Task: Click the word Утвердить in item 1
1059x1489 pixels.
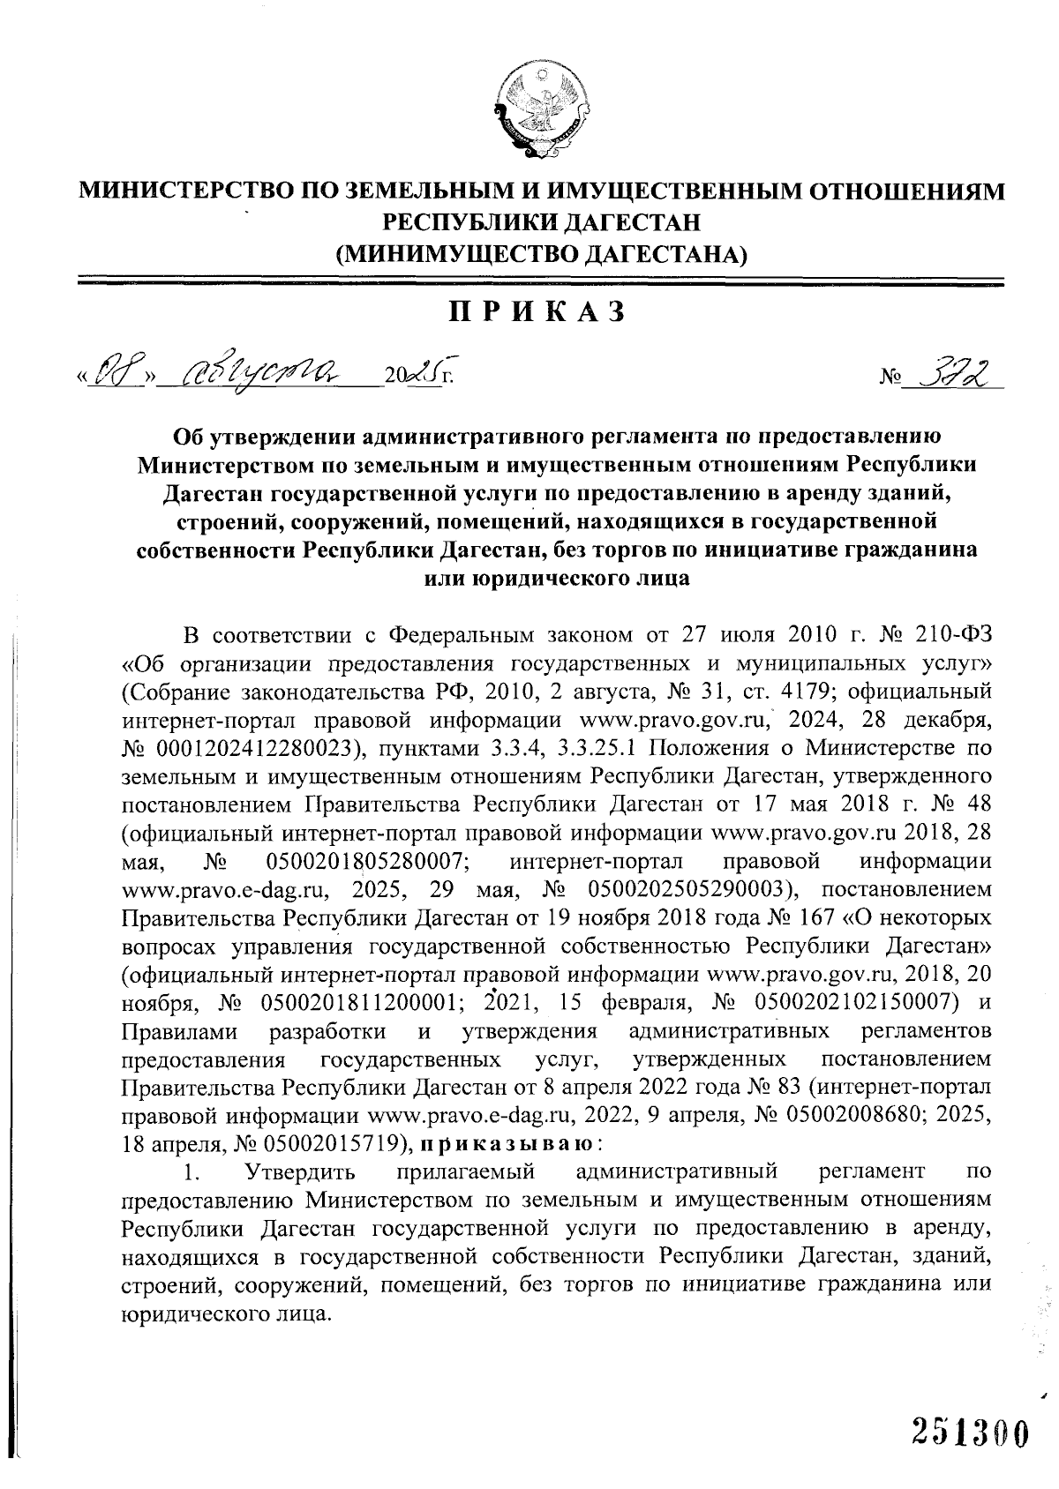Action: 300,1172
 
